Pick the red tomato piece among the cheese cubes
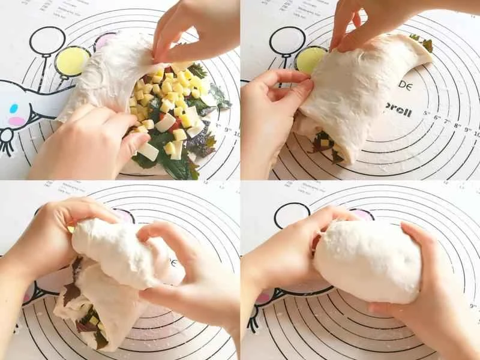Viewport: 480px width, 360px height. (x=175, y=125)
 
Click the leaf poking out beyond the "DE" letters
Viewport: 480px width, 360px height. (x=427, y=44)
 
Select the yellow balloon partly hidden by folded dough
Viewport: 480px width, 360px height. (x=310, y=59)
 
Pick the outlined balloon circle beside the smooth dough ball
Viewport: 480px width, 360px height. (x=292, y=215)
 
